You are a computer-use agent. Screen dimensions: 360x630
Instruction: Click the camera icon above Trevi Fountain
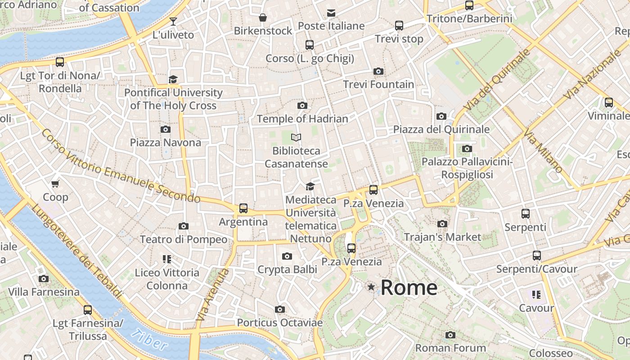378,71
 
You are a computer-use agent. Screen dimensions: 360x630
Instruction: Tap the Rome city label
409,288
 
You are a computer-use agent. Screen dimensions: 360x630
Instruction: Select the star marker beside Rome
371,287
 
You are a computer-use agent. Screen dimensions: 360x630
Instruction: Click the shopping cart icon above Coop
55,184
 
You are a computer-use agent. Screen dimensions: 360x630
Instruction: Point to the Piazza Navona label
166,143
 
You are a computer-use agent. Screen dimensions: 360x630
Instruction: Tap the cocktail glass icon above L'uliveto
173,21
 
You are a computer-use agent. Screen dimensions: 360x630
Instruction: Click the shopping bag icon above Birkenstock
263,18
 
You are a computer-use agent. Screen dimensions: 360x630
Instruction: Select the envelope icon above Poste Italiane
331,13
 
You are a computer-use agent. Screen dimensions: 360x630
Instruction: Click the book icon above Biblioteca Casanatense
296,137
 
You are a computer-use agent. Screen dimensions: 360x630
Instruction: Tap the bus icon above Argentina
243,208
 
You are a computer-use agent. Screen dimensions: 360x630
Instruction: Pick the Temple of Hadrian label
302,119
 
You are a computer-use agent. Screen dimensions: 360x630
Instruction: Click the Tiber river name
149,340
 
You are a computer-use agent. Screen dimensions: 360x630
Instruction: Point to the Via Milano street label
544,151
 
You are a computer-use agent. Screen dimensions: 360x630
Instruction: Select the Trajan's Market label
442,237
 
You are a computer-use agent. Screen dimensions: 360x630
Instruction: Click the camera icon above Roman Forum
450,335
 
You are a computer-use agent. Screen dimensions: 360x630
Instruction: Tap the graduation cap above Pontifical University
173,79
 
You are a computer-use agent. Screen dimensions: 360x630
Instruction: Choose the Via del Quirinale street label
498,80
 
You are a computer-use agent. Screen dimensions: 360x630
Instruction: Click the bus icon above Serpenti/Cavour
536,256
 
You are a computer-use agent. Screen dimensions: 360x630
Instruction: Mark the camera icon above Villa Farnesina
44,279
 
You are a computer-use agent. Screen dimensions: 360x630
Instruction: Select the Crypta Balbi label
287,270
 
